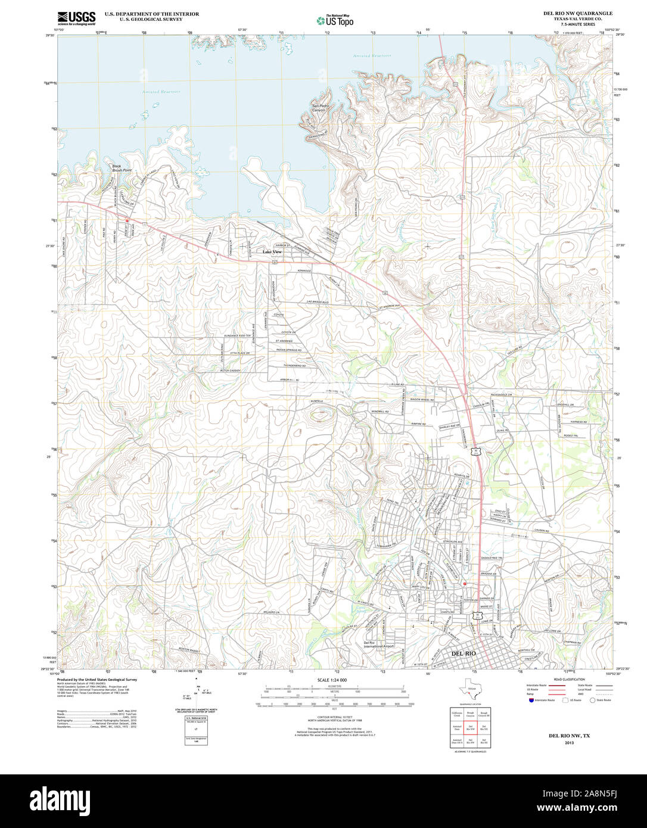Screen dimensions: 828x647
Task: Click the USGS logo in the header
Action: pyautogui.click(x=76, y=18)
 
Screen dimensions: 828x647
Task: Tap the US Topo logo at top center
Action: pyautogui.click(x=335, y=20)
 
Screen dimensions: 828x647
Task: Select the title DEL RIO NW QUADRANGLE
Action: pyautogui.click(x=578, y=13)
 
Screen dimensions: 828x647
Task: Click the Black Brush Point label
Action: pyautogui.click(x=122, y=169)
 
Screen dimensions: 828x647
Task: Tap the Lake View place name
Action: pyautogui.click(x=272, y=252)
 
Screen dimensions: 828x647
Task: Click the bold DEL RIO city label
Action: pyautogui.click(x=464, y=653)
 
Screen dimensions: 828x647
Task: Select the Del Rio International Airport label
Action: pyautogui.click(x=378, y=645)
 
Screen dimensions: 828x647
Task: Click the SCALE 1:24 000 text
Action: pyautogui.click(x=332, y=680)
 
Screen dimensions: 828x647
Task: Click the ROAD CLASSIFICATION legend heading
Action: pyautogui.click(x=569, y=680)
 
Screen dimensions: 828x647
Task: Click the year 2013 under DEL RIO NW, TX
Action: pyautogui.click(x=569, y=743)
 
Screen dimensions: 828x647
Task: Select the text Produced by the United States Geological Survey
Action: pyautogui.click(x=97, y=679)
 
